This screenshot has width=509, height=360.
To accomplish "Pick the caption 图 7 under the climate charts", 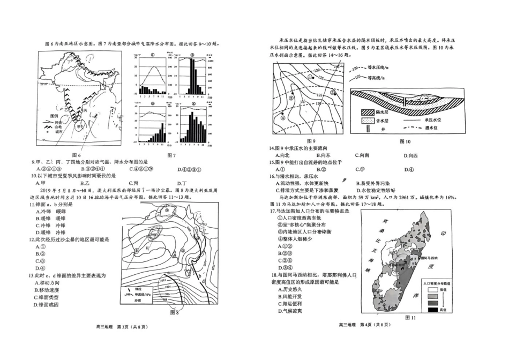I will [x=171, y=155].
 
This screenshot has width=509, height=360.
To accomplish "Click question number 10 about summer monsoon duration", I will [x=34, y=175].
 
